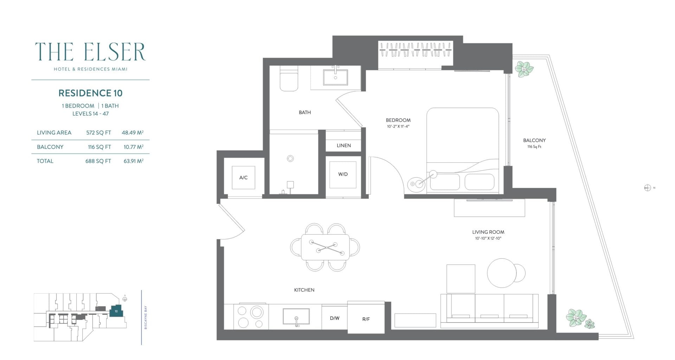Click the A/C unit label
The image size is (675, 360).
243,178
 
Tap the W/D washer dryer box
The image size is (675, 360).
343,174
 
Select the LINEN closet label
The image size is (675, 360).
343,145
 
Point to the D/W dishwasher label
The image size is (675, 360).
334,318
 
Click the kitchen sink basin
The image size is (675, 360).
296,316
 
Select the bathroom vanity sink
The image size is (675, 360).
335,77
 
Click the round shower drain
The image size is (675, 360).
290,159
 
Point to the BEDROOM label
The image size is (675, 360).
398,120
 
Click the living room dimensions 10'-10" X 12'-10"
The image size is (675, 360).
488,238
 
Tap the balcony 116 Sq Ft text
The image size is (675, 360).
534,147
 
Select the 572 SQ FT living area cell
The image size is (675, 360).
98,133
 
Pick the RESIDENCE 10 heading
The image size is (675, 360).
90,93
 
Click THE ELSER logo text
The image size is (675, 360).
90,52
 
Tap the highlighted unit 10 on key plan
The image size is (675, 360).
116,311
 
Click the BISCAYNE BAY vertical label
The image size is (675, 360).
146,317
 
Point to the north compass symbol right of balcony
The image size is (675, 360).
648,188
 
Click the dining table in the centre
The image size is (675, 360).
325,247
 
